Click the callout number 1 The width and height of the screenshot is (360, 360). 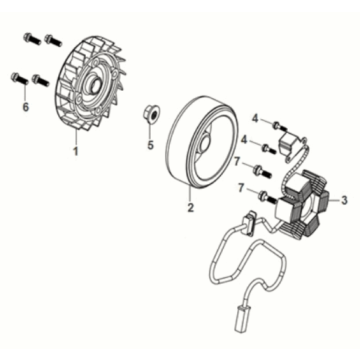(76, 151)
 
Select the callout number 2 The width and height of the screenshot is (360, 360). (190, 207)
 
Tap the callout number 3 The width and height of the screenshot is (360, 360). (344, 200)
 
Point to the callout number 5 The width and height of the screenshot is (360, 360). (151, 145)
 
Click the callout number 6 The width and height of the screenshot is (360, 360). (25, 107)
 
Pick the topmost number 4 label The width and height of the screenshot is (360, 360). (255, 118)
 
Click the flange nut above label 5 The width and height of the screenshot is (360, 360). (149, 115)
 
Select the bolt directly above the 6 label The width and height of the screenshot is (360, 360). (20, 79)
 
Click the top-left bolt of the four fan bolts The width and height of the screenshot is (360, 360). (32, 39)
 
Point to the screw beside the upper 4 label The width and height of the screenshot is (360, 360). (279, 127)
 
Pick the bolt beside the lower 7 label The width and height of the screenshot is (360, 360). (267, 197)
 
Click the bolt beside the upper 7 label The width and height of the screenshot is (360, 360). (262, 171)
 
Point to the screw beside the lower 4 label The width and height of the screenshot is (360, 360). (269, 149)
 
